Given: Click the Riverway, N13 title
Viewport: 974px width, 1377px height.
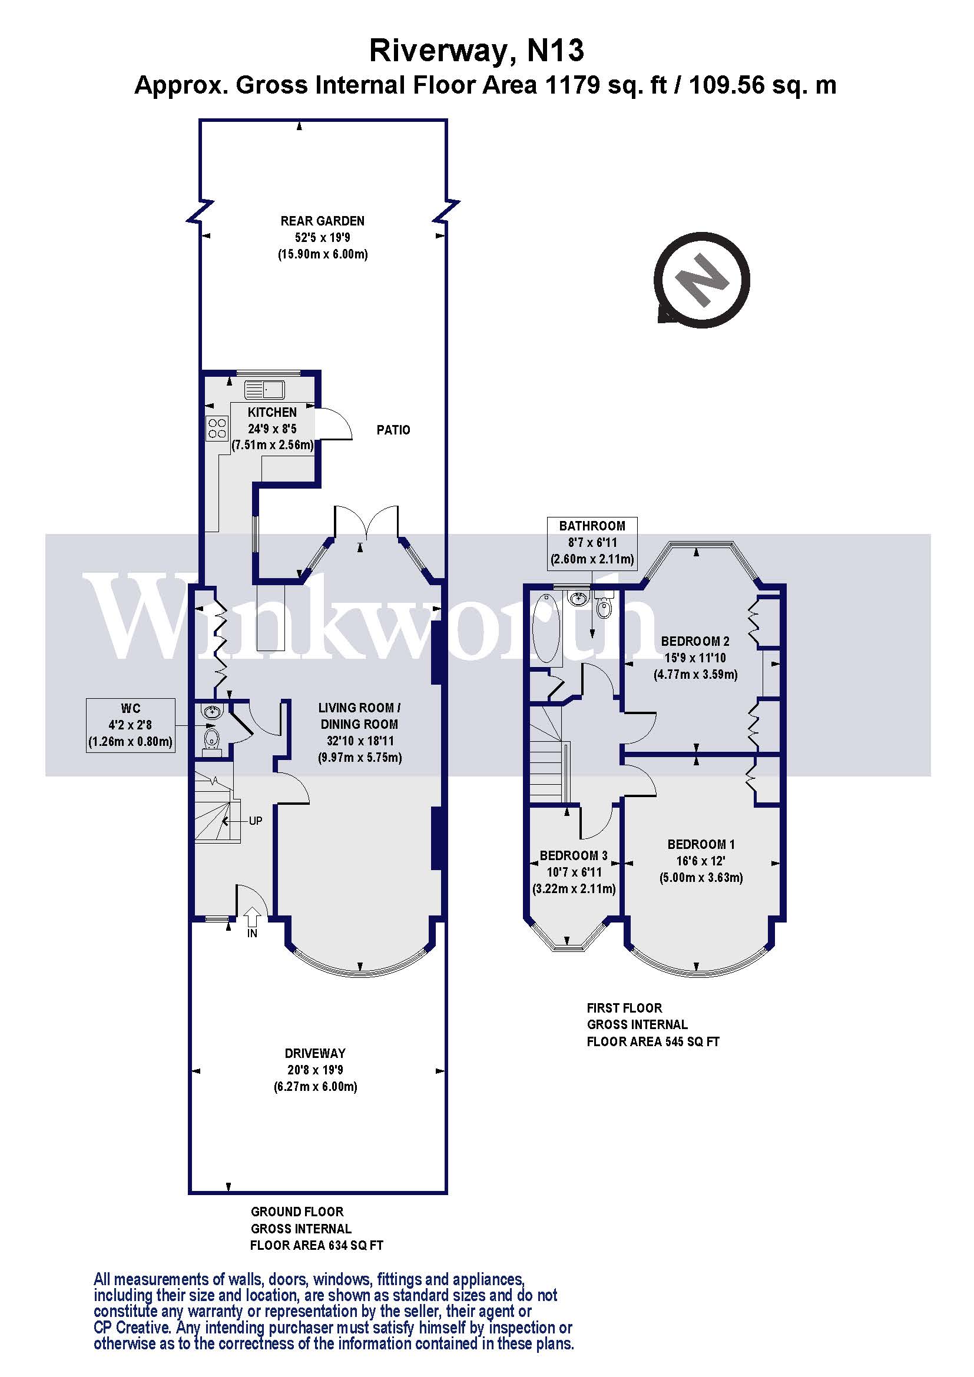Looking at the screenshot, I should [476, 51].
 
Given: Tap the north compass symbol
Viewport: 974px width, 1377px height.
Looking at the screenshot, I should [701, 280].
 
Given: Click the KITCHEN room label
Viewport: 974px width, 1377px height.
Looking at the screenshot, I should [272, 412].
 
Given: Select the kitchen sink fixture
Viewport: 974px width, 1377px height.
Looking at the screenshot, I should [264, 390].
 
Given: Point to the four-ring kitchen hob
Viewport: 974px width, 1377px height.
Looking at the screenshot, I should [217, 427].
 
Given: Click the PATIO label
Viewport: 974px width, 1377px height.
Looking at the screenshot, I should [393, 430].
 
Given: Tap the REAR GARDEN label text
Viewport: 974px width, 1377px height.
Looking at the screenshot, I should [322, 221].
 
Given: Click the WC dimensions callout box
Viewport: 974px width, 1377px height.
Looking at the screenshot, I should [131, 725].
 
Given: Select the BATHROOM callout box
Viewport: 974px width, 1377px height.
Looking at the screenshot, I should [592, 542].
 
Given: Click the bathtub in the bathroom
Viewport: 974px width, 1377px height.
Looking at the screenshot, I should [546, 628].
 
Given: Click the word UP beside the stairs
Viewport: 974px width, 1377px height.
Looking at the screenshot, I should [256, 821].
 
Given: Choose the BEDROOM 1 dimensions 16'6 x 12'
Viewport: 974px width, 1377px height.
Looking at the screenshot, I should [701, 861].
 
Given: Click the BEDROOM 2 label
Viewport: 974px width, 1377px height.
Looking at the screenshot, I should [695, 641].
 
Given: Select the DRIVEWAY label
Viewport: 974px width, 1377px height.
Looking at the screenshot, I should [315, 1053].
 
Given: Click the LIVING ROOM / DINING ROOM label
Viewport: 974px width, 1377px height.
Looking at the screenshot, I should [359, 716].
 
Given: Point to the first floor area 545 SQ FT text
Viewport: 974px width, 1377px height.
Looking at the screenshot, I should [652, 1042].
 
